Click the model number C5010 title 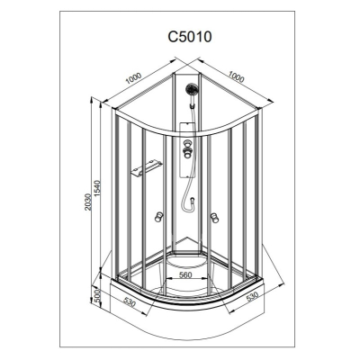pyautogui.click(x=190, y=37)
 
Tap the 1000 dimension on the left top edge pyautogui.click(x=133, y=78)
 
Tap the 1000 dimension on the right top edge pyautogui.click(x=237, y=76)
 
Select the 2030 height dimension pyautogui.click(x=87, y=202)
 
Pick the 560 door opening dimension pyautogui.click(x=185, y=274)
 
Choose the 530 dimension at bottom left pyautogui.click(x=130, y=302)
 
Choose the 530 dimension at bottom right pyautogui.click(x=252, y=297)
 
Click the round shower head pyautogui.click(x=192, y=89)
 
